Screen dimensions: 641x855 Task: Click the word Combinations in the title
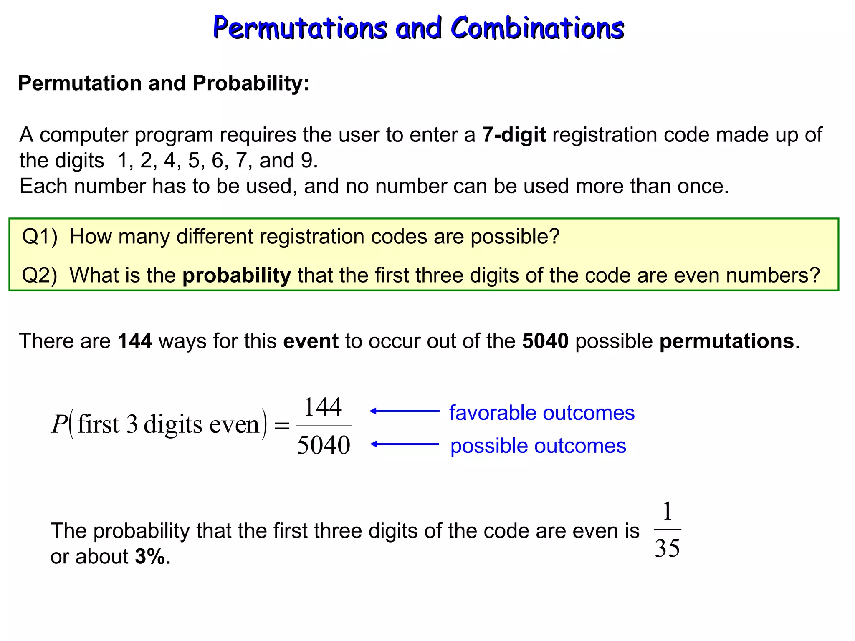tap(537, 28)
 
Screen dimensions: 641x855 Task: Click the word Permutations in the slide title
tap(300, 28)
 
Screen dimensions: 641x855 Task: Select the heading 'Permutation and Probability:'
tap(164, 83)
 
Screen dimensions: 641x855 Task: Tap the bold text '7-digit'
tap(514, 135)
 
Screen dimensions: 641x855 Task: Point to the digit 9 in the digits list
tap(307, 160)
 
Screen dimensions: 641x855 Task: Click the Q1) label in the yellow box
tap(40, 237)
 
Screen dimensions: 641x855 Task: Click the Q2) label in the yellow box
tap(40, 275)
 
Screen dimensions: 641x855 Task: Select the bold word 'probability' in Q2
tap(237, 275)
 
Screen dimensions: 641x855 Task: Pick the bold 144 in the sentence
tap(135, 341)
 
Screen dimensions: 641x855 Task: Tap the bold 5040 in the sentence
tap(545, 341)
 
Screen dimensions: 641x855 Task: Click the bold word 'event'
tap(311, 341)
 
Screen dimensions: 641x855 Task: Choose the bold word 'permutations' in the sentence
tap(726, 341)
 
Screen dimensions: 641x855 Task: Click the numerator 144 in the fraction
tap(323, 407)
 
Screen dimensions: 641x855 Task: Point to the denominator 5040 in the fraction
tap(324, 445)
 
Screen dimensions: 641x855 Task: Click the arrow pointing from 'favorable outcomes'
tap(404, 411)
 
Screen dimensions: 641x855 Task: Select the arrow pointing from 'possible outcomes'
tap(404, 444)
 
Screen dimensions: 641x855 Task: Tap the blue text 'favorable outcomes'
tap(542, 413)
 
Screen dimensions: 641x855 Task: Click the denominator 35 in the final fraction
tap(667, 548)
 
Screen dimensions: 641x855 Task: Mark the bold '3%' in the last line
tap(150, 557)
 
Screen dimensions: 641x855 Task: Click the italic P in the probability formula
tap(59, 424)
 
